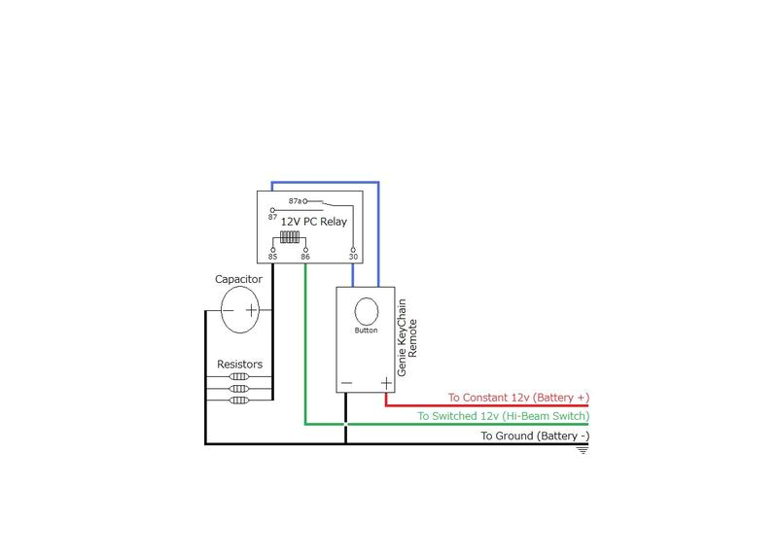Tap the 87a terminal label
pos(295,201)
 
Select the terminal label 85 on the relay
pos(272,258)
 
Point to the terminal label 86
pos(305,258)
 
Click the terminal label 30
pos(352,258)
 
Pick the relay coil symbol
pos(289,238)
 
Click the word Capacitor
pos(239,279)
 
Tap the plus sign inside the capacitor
pos(251,311)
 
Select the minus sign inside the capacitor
pos(228,311)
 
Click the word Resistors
pos(239,365)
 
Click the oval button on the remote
pos(367,311)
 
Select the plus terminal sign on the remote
pos(385,383)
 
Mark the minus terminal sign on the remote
pos(347,383)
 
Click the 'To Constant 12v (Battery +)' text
pos(518,398)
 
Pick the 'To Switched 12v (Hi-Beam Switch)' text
pos(503,416)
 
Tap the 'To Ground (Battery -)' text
pos(535,436)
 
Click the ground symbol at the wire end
pos(583,450)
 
